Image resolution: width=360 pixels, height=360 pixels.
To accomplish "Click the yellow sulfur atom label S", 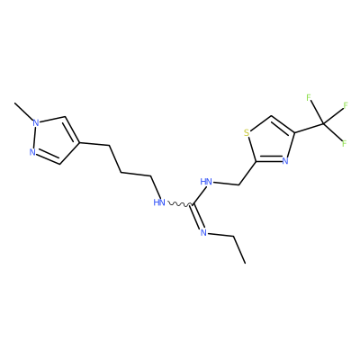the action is [x=247, y=132].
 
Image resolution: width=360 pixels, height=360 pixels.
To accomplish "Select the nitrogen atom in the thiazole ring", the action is [x=285, y=161].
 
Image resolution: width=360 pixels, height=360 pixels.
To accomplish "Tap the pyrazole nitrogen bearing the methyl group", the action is [x=36, y=122].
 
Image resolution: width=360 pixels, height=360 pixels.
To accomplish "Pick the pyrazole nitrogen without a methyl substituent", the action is [x=32, y=152].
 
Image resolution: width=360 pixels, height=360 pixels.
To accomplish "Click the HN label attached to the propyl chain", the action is [x=159, y=202].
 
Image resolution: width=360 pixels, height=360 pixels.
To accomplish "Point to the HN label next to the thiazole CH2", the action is [x=206, y=182].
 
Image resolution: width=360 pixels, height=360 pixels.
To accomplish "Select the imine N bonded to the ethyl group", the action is [x=203, y=232].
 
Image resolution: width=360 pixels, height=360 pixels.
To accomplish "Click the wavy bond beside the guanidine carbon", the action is [x=179, y=204].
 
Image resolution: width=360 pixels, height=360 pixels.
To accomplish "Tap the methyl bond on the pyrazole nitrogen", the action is [x=23, y=111].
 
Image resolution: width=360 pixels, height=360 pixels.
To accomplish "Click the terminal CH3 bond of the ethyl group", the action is [x=239, y=250].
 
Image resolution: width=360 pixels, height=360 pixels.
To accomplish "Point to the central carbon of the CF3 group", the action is [x=323, y=123].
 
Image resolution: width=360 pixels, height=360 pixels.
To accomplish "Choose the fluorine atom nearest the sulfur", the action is [x=308, y=97].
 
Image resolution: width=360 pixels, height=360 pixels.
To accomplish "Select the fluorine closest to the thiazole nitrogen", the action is [x=344, y=143].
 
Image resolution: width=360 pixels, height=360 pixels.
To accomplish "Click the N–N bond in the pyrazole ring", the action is [x=34, y=138].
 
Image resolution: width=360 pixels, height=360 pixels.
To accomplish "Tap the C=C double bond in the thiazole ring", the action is [x=283, y=125].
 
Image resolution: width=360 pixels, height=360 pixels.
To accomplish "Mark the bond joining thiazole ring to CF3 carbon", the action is [x=309, y=128].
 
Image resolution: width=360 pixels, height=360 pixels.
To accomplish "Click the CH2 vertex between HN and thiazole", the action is [x=238, y=184].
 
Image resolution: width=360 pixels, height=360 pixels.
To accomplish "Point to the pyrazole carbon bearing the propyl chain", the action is [x=79, y=143].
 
